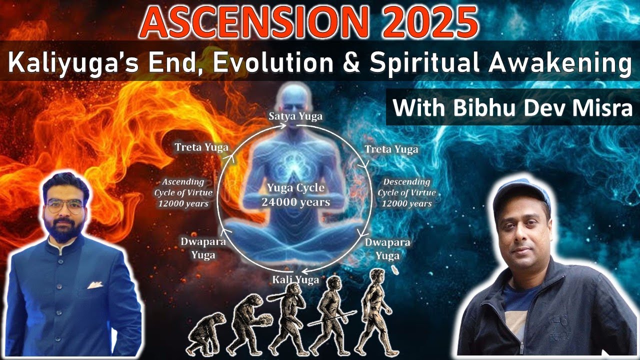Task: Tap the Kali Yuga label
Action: (295, 279)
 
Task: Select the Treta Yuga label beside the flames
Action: (201, 147)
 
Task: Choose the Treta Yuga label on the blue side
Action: (391, 149)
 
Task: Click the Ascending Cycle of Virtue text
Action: (182, 192)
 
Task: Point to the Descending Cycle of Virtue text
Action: (406, 192)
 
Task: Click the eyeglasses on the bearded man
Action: (64, 205)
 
